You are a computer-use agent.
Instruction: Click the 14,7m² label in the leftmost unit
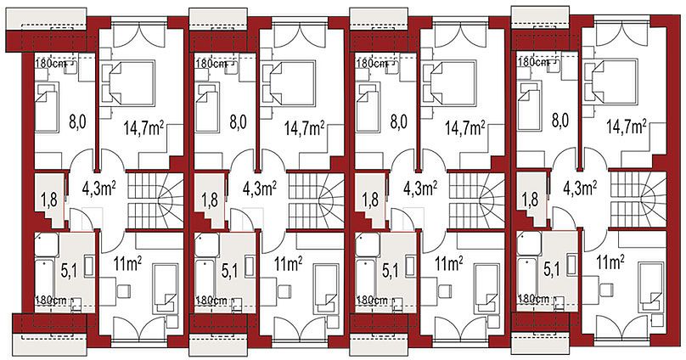[x=143, y=127]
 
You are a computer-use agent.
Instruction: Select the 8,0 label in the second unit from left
[x=238, y=121]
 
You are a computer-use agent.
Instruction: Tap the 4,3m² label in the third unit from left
[x=420, y=188]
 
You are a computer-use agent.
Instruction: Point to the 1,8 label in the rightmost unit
[x=530, y=200]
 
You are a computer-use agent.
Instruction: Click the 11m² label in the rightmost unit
[x=610, y=263]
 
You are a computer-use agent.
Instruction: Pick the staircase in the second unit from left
[x=316, y=201]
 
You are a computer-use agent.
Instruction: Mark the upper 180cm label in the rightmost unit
[x=532, y=62]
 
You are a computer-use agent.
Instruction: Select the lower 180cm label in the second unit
[x=211, y=301]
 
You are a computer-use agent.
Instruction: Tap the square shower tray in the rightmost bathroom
[x=529, y=244]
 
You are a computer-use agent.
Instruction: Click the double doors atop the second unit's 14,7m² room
[x=301, y=34]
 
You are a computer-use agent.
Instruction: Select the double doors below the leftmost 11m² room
[x=139, y=328]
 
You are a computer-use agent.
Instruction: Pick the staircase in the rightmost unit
[x=638, y=200]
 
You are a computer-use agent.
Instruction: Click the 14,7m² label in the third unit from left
[x=465, y=127]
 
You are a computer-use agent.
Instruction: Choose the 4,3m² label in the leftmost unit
[x=98, y=188]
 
